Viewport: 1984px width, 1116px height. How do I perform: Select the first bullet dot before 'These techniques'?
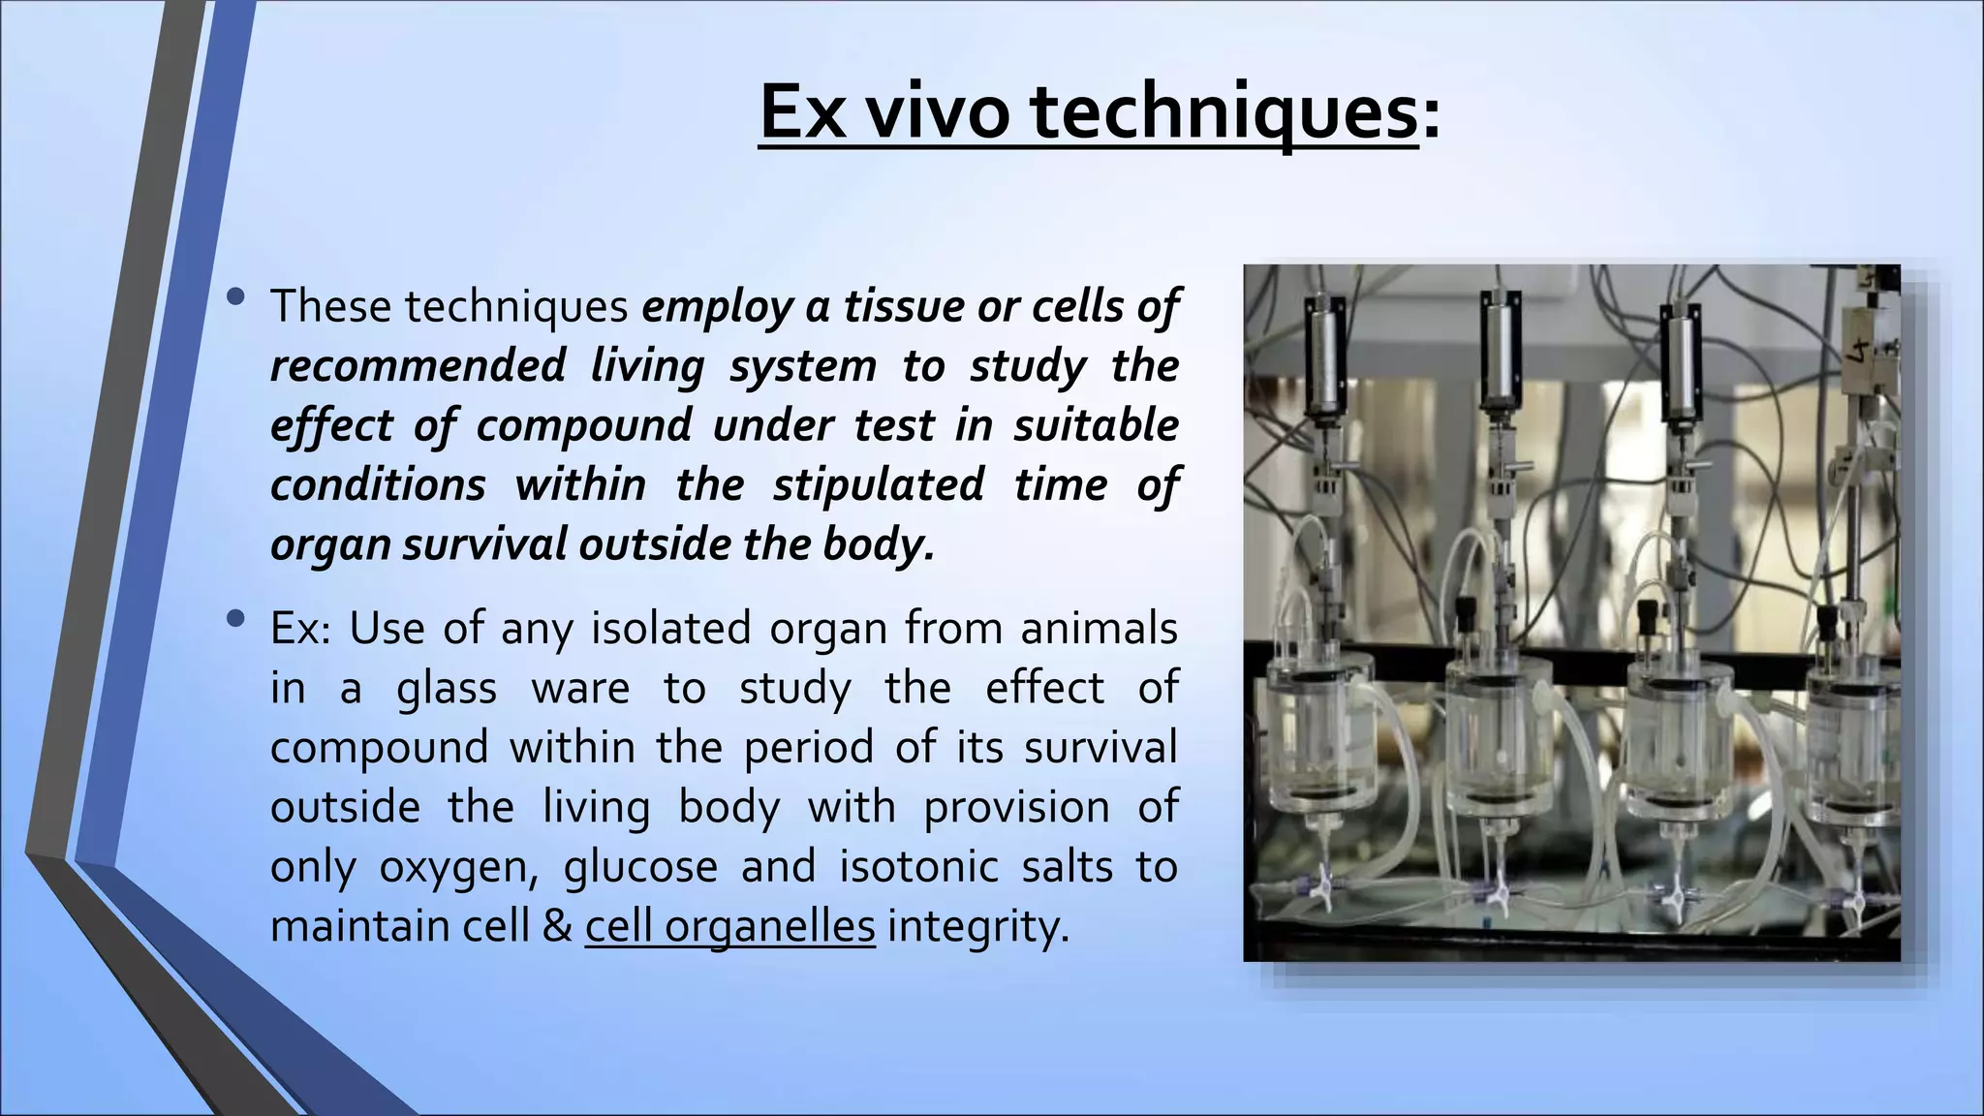point(234,298)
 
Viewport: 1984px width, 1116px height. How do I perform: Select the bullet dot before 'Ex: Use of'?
point(234,620)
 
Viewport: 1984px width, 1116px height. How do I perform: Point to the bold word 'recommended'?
point(418,366)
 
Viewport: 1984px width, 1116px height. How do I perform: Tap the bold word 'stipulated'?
point(878,484)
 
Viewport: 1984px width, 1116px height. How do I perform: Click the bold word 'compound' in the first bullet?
point(584,426)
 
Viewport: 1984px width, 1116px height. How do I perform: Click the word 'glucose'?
point(640,866)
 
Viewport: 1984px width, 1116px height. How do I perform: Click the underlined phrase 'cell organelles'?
point(729,926)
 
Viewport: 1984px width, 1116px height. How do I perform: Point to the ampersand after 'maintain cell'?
point(557,926)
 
